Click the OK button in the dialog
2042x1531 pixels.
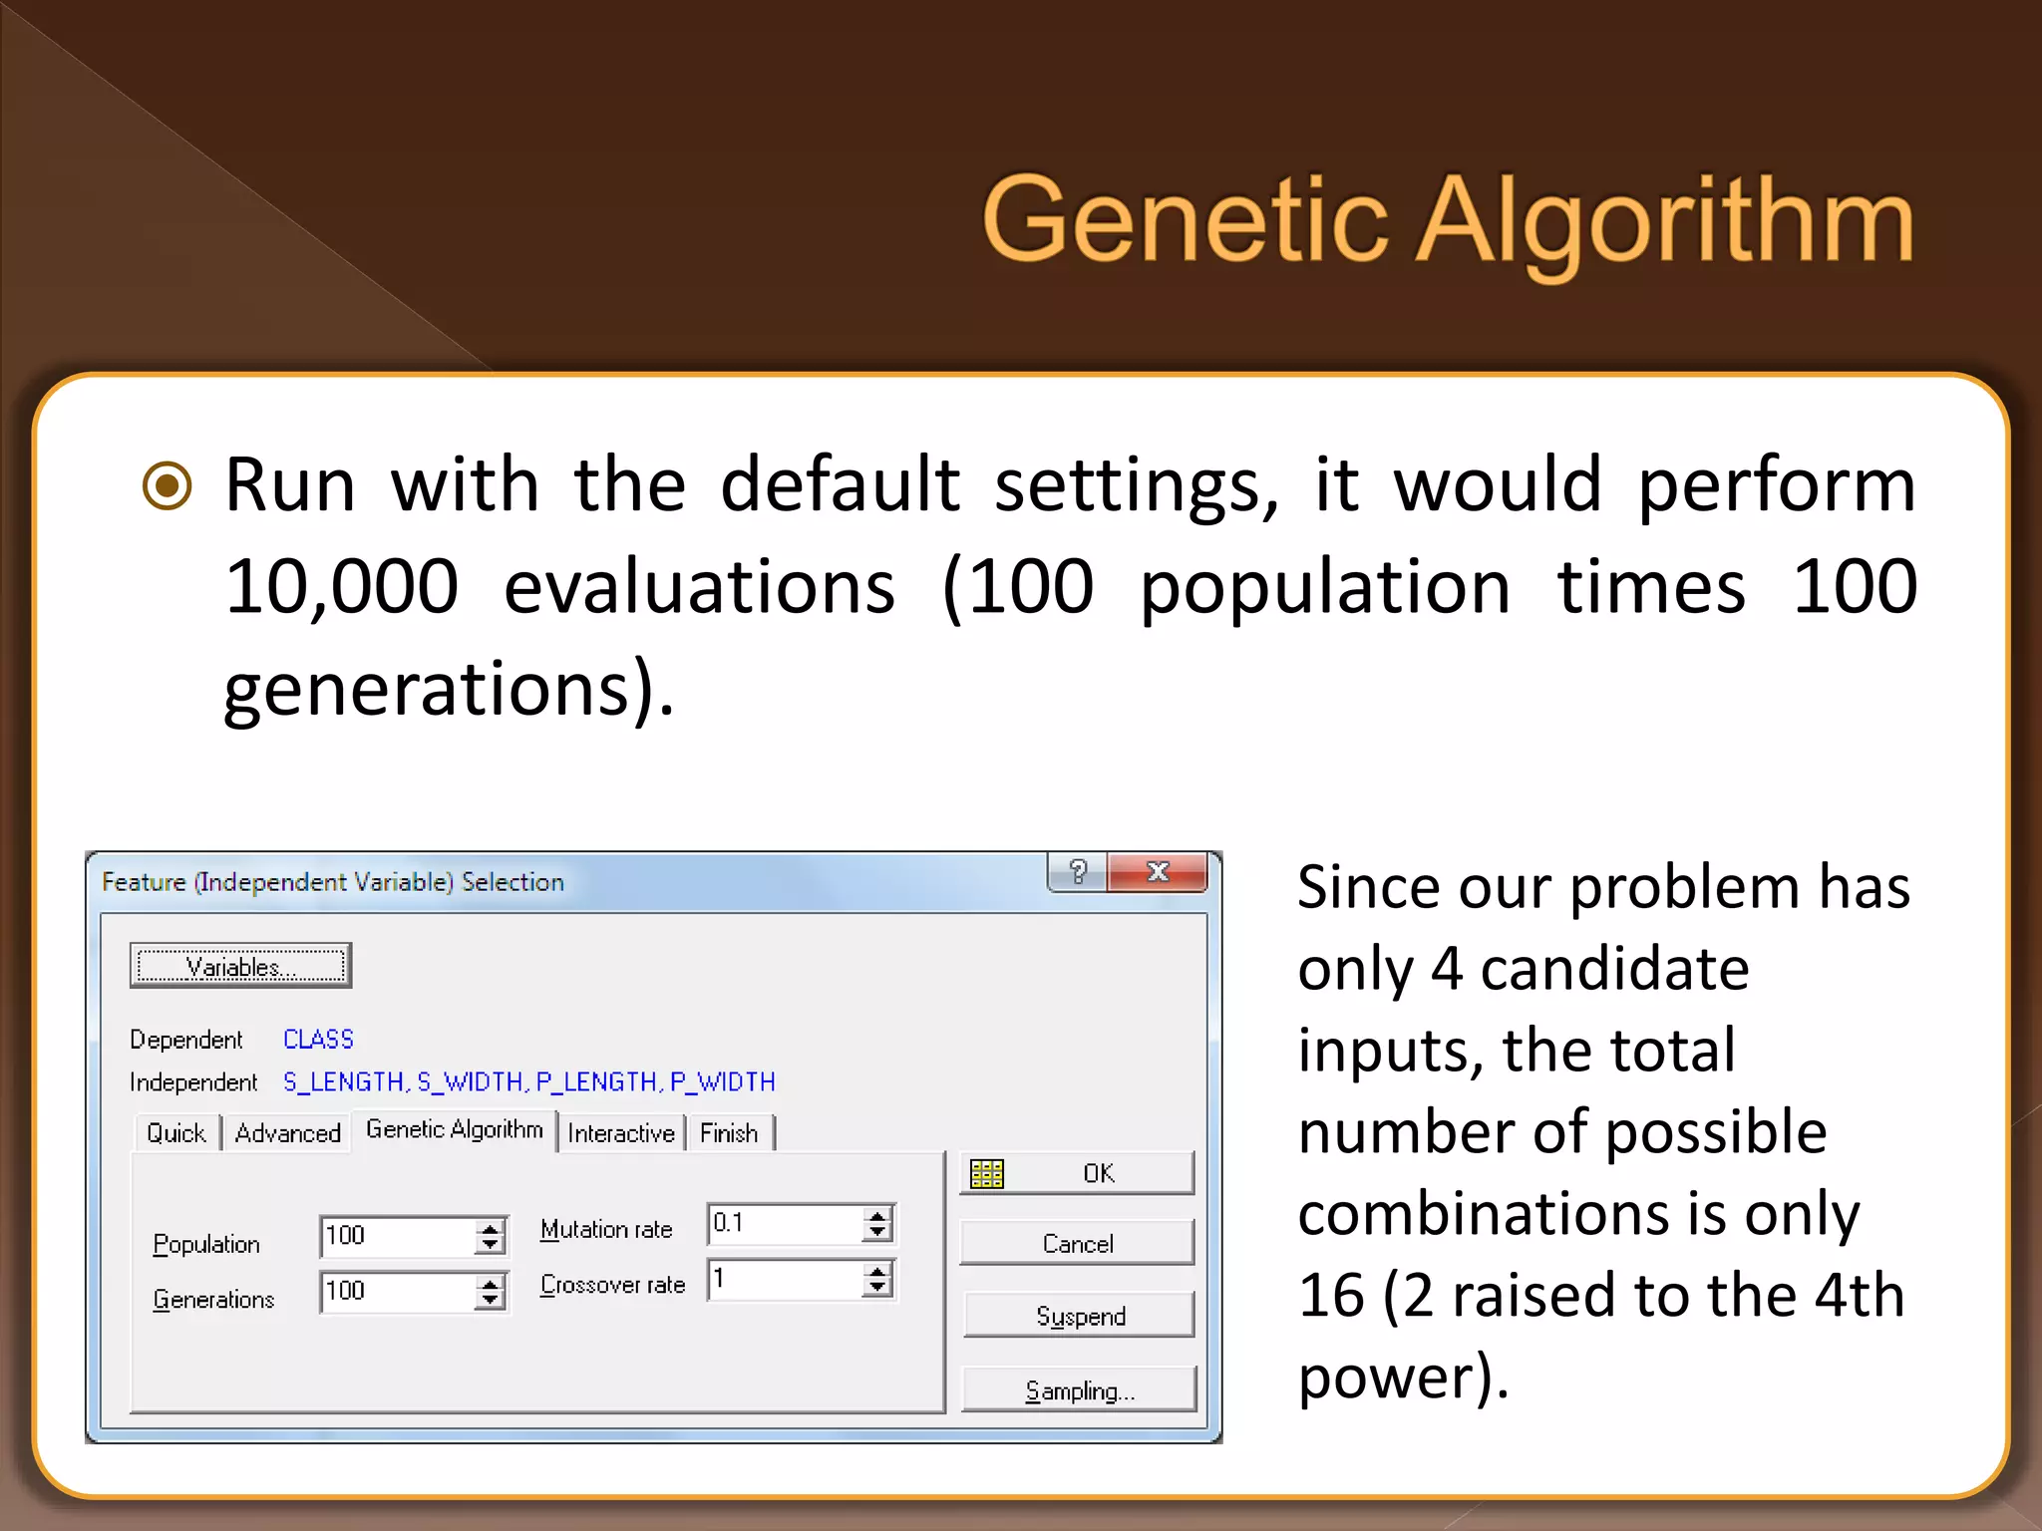(1077, 1173)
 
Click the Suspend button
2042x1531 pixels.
(1079, 1316)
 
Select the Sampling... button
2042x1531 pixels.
(1079, 1390)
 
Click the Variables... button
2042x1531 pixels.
(240, 966)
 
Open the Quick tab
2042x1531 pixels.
(175, 1133)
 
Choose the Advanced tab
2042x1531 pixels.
(287, 1133)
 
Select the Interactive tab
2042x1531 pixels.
(620, 1133)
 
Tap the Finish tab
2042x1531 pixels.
(729, 1133)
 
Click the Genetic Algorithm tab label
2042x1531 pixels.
(454, 1129)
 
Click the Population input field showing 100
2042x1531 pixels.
(397, 1236)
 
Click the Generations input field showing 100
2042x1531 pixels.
(397, 1292)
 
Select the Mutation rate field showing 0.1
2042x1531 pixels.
(784, 1223)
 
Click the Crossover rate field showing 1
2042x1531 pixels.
(784, 1279)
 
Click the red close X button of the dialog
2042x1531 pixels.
(1158, 872)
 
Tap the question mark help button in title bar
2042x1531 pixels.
(1078, 872)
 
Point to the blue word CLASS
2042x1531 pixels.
(318, 1040)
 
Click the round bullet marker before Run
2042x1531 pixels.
(167, 486)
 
